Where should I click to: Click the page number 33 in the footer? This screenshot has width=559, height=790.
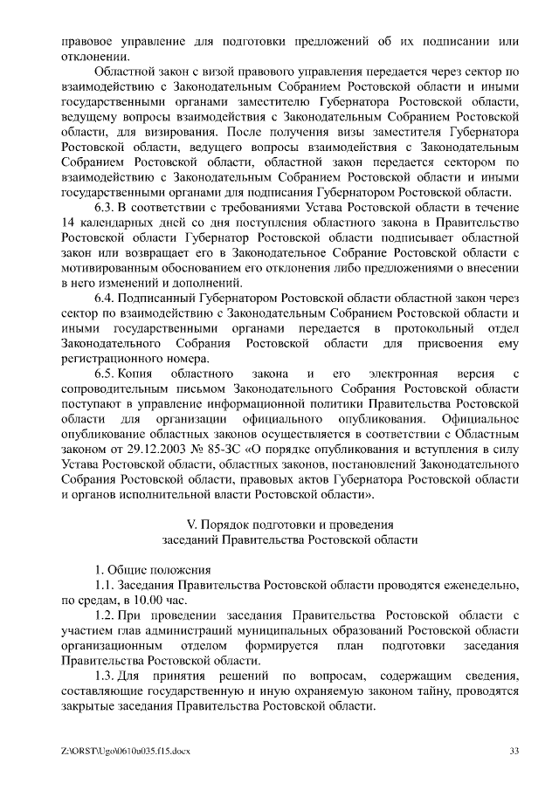click(515, 750)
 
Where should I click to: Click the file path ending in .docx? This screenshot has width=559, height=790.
click(126, 750)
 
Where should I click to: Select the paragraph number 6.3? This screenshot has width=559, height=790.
click(105, 207)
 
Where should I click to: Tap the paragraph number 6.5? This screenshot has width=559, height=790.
click(105, 374)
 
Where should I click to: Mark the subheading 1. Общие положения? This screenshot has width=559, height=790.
click(148, 569)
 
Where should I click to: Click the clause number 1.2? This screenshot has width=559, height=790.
click(105, 615)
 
